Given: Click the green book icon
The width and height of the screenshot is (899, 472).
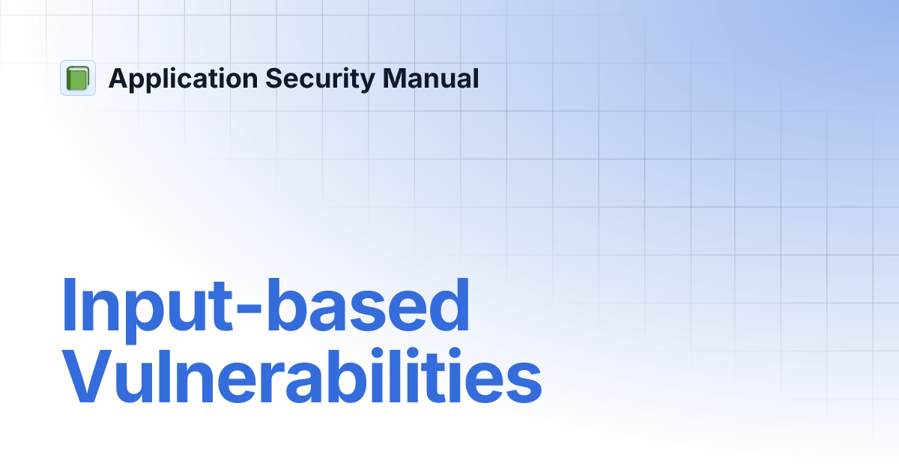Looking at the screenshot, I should (x=78, y=78).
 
